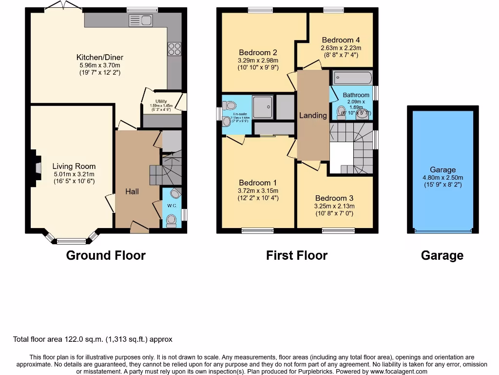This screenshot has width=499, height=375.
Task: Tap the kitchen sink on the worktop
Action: click(x=141, y=21)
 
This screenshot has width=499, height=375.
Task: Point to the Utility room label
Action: click(x=161, y=101)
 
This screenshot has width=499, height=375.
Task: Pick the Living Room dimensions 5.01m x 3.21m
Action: click(x=74, y=174)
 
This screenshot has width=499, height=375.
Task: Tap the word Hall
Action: click(x=132, y=191)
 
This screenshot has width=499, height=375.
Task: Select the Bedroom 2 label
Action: click(x=258, y=53)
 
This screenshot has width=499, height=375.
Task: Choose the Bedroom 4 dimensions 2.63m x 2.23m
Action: click(x=341, y=48)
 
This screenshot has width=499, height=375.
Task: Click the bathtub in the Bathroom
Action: click(x=352, y=78)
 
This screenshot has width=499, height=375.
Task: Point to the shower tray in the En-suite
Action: click(x=263, y=106)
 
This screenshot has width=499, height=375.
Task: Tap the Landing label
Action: click(x=313, y=115)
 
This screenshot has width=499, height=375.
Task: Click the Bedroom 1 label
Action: click(x=258, y=183)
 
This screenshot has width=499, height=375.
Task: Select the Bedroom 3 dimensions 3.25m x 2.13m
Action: click(x=334, y=206)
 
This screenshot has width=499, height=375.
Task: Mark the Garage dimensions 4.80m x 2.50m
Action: click(x=442, y=178)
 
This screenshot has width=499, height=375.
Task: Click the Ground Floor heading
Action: click(x=106, y=255)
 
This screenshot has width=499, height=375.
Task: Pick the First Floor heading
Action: click(x=297, y=255)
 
